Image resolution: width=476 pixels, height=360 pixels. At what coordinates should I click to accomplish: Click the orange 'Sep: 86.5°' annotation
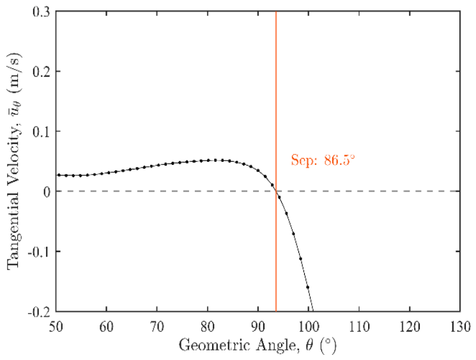pos(323,160)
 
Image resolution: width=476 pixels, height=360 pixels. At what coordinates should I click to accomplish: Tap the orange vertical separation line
pos(276,161)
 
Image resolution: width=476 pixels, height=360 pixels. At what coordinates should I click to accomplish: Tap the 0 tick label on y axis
pos(47,192)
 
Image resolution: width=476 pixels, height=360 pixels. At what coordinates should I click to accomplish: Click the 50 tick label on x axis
pos(56,327)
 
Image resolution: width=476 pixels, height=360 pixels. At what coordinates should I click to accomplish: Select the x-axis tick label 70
pos(157,327)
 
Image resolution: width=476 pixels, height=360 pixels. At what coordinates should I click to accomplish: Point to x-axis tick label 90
pos(258,327)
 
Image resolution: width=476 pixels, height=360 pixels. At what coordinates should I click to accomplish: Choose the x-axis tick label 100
pos(309,327)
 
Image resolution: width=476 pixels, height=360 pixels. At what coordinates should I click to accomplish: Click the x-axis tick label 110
pos(359,327)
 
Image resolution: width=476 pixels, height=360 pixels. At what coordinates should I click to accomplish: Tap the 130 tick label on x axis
pos(460,327)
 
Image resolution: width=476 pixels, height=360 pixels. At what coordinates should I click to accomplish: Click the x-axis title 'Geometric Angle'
pos(237,346)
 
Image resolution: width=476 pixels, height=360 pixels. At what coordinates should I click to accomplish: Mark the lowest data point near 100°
pos(307,287)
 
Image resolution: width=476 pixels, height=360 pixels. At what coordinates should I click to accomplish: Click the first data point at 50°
pos(59,175)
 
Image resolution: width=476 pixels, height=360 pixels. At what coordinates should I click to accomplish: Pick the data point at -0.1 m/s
pos(300,259)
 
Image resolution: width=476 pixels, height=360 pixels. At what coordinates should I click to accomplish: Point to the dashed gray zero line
pos(258,191)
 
